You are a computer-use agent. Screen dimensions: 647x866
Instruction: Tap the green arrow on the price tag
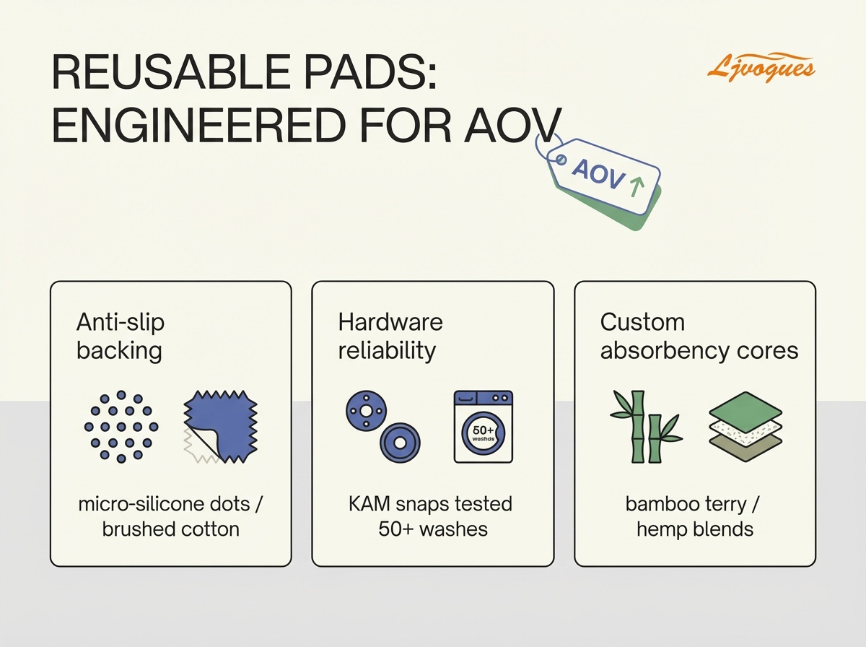pyautogui.click(x=636, y=186)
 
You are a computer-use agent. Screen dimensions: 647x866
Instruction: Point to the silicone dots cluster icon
pyautogui.click(x=121, y=427)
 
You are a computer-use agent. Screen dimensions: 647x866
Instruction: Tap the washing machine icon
pyautogui.click(x=483, y=427)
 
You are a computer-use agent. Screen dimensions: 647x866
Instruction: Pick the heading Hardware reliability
pyautogui.click(x=390, y=336)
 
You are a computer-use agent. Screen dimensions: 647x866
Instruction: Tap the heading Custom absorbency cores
pyautogui.click(x=699, y=336)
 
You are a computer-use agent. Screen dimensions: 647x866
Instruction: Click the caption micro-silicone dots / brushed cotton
pyautogui.click(x=170, y=516)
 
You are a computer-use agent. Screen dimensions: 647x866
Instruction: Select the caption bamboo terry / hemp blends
pyautogui.click(x=695, y=516)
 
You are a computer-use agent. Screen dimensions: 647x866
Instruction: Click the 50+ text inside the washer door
pyautogui.click(x=483, y=430)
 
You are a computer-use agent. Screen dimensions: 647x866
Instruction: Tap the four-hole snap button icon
pyautogui.click(x=365, y=412)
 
